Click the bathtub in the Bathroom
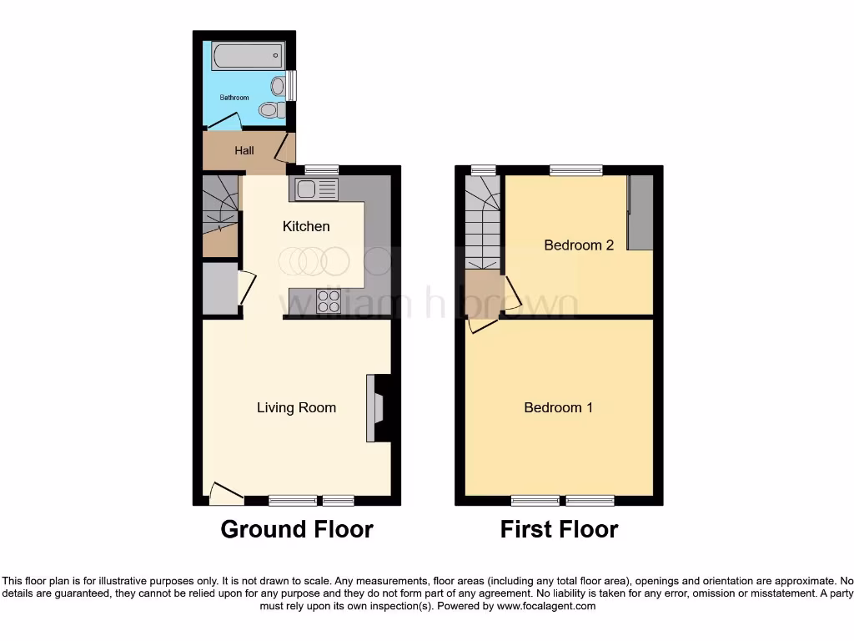[x=248, y=57]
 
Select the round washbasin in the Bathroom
[x=277, y=85]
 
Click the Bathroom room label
[x=234, y=98]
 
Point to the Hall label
[x=244, y=151]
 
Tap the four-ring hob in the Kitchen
[x=329, y=300]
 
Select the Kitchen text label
[x=306, y=226]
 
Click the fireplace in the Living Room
[x=376, y=407]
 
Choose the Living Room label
[x=296, y=407]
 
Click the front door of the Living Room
[x=225, y=495]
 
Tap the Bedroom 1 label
[x=558, y=407]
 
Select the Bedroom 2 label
[x=579, y=245]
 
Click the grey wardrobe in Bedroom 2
[x=640, y=213]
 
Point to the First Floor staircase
[x=481, y=221]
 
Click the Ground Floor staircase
[x=221, y=213]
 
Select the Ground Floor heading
[x=297, y=529]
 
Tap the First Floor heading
[x=559, y=529]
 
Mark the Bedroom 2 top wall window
[x=575, y=170]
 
